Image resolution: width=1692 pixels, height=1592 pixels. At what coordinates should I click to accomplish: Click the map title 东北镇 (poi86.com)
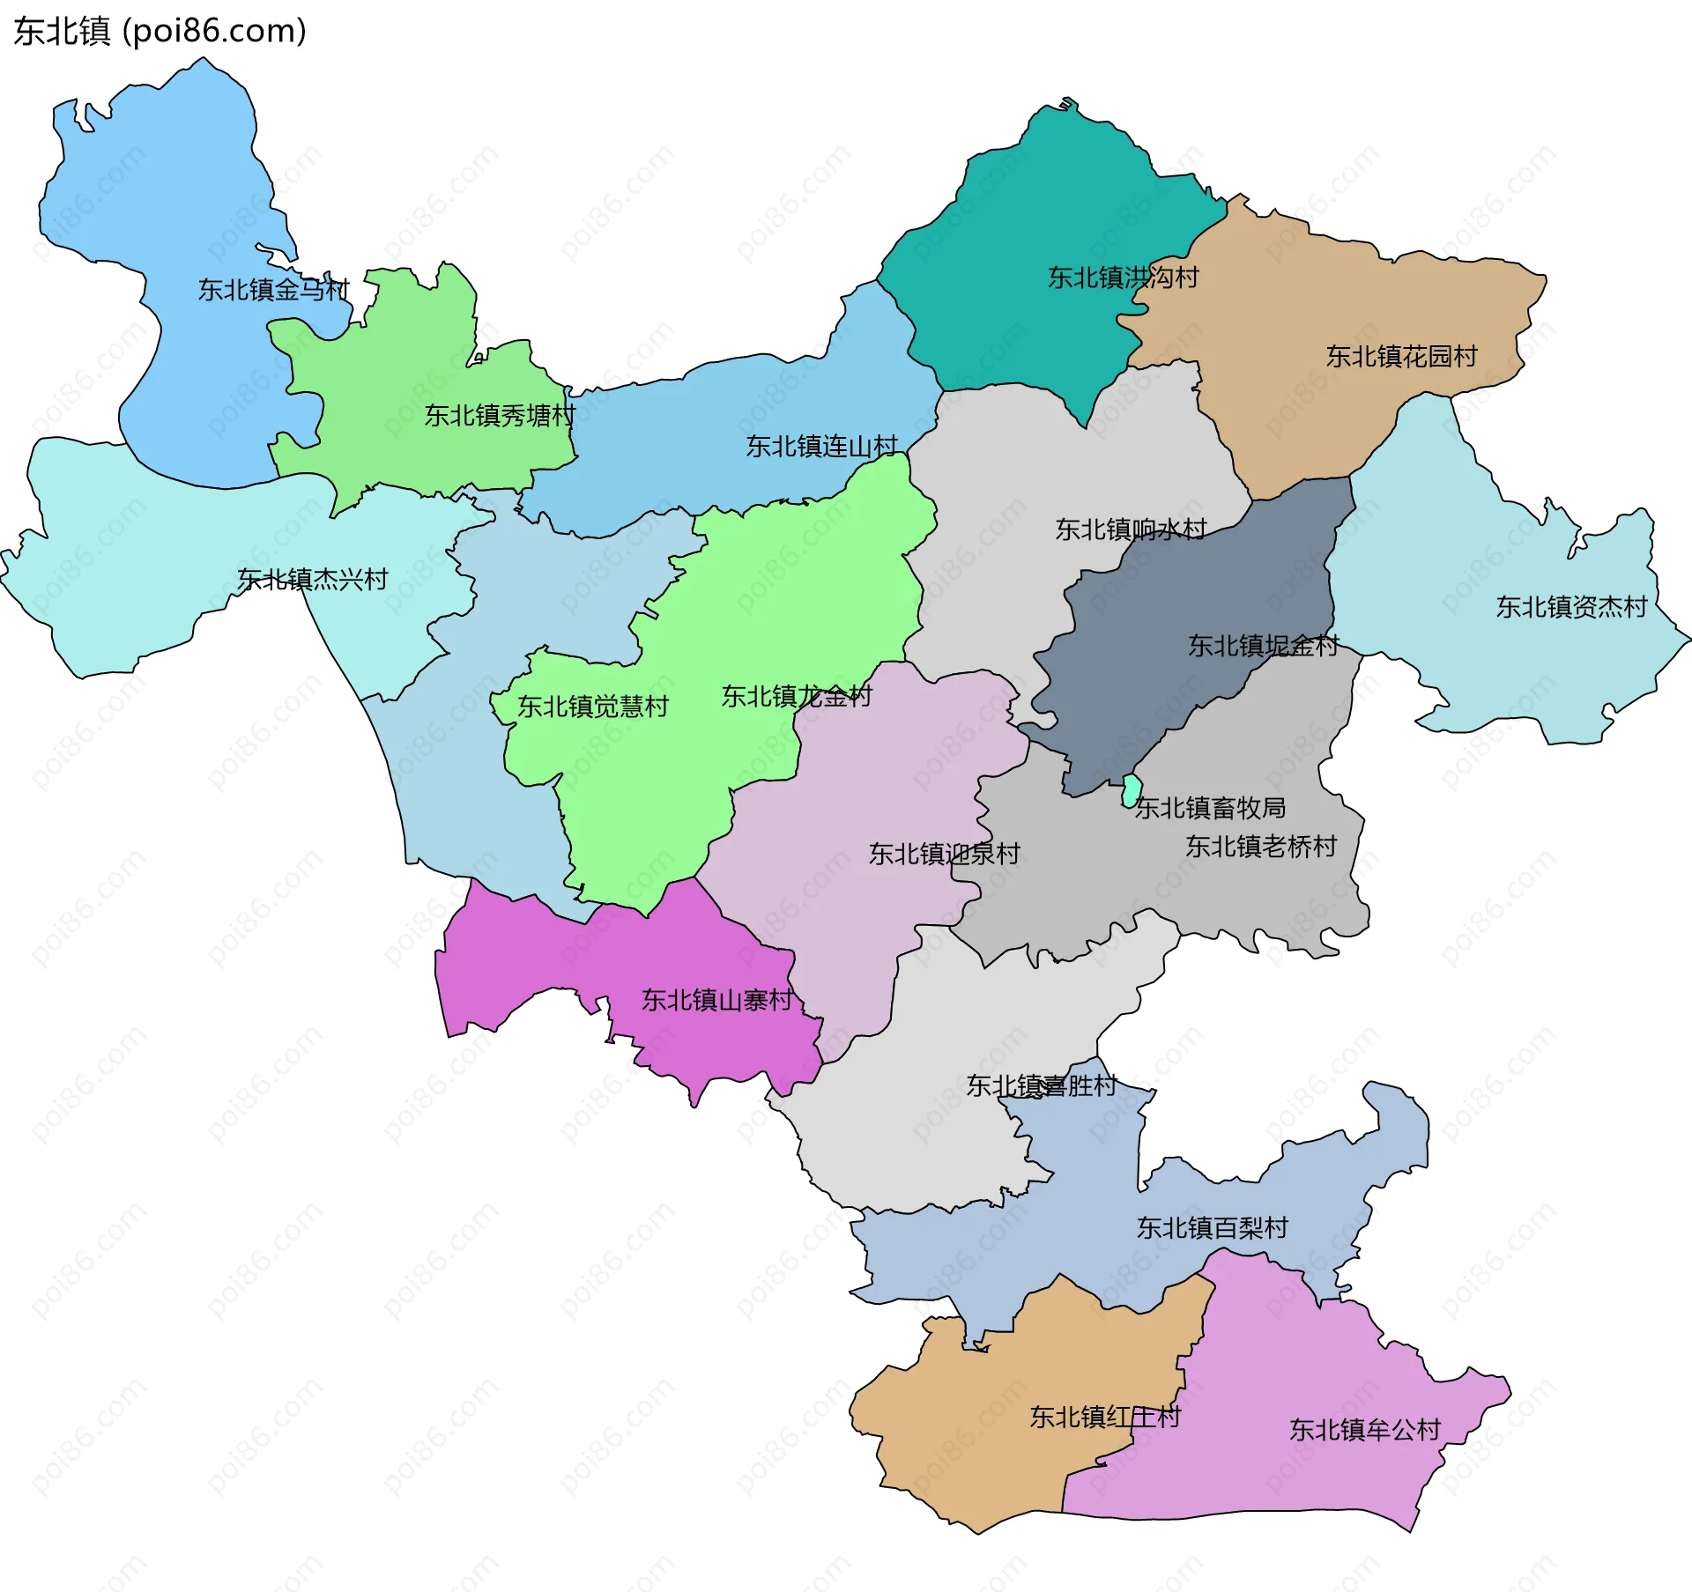(160, 32)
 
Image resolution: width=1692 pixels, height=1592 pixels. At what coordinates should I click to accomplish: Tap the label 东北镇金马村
(273, 290)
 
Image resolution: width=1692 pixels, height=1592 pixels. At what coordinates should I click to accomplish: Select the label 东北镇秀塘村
(500, 415)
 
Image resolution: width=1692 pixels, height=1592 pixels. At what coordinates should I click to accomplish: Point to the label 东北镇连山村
(821, 447)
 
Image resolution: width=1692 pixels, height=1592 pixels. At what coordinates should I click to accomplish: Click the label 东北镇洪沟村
(1123, 278)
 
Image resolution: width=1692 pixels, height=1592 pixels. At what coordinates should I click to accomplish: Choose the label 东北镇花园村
(1401, 357)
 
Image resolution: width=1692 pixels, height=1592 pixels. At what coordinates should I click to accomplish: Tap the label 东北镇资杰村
(1570, 607)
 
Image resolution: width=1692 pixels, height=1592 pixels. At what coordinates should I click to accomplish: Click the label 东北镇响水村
(1131, 529)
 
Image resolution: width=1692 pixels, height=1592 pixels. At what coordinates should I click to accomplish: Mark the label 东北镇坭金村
(1263, 646)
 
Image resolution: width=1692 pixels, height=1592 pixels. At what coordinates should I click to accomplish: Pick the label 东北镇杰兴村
(313, 580)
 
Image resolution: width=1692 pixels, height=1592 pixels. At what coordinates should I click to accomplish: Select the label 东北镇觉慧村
(592, 707)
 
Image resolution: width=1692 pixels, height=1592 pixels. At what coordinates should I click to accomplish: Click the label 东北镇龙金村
(797, 697)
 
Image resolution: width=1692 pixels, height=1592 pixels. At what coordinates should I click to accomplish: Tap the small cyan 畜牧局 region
(1132, 790)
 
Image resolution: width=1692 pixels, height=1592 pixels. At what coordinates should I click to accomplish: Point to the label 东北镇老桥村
(1260, 847)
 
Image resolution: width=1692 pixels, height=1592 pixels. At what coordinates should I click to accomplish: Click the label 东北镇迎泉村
(944, 854)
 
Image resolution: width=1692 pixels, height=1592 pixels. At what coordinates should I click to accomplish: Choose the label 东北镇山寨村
(717, 1000)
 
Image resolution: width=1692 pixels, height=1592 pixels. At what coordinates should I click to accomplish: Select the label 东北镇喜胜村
(1041, 1085)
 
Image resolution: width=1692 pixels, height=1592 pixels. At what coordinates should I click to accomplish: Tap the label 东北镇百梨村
(1212, 1227)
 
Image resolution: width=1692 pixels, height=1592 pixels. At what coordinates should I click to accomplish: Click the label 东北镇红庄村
(1104, 1417)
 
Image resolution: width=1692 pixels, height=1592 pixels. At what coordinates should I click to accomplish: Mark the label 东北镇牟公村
(1364, 1429)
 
